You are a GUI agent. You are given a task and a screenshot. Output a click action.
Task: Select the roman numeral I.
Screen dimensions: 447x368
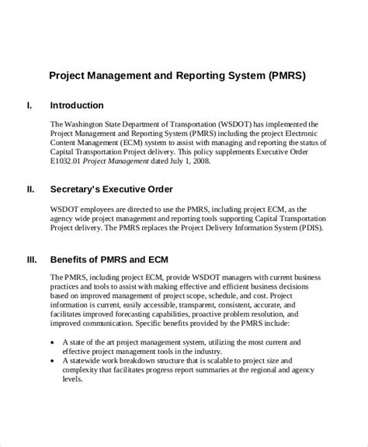[30, 105]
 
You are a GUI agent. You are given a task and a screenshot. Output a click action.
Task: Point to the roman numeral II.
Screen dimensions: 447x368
[30, 189]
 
